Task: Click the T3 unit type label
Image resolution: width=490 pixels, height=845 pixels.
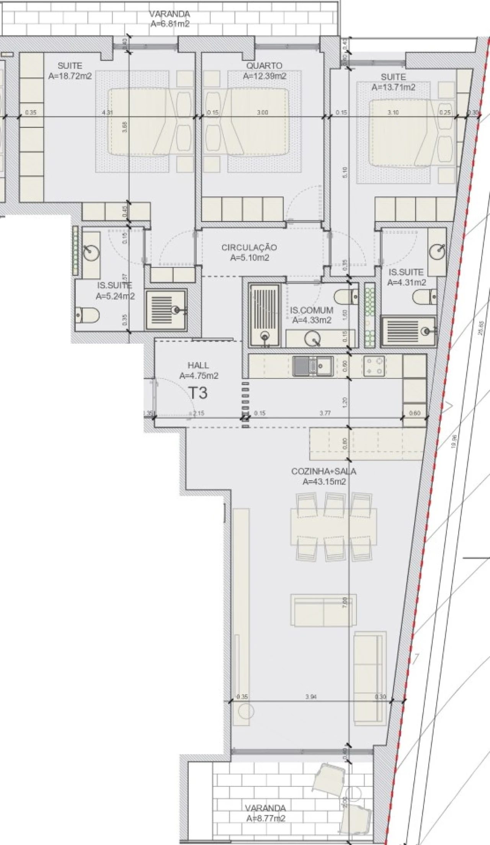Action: pos(198,393)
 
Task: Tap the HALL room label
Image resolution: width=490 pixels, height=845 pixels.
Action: pos(198,365)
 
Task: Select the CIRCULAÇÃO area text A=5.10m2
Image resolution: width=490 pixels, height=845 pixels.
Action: pos(249,258)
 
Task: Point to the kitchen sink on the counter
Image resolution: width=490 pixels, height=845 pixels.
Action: pos(313,366)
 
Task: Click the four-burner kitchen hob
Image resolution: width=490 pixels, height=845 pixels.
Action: pos(374,366)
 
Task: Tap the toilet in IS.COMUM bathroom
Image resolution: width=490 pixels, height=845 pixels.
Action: pos(346,296)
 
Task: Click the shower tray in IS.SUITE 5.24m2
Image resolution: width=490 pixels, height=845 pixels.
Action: pos(166,309)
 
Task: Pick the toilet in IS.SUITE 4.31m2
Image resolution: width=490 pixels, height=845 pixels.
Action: pos(425,297)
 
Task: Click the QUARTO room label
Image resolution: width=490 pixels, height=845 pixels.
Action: pos(264,66)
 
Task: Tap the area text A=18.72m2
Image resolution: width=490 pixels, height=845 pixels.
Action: pos(70,76)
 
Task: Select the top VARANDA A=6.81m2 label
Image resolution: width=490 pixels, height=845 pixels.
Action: pos(170,19)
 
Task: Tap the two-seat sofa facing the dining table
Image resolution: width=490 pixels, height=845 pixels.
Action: pos(323,610)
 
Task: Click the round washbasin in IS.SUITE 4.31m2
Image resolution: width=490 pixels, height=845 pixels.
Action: pos(437,252)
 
